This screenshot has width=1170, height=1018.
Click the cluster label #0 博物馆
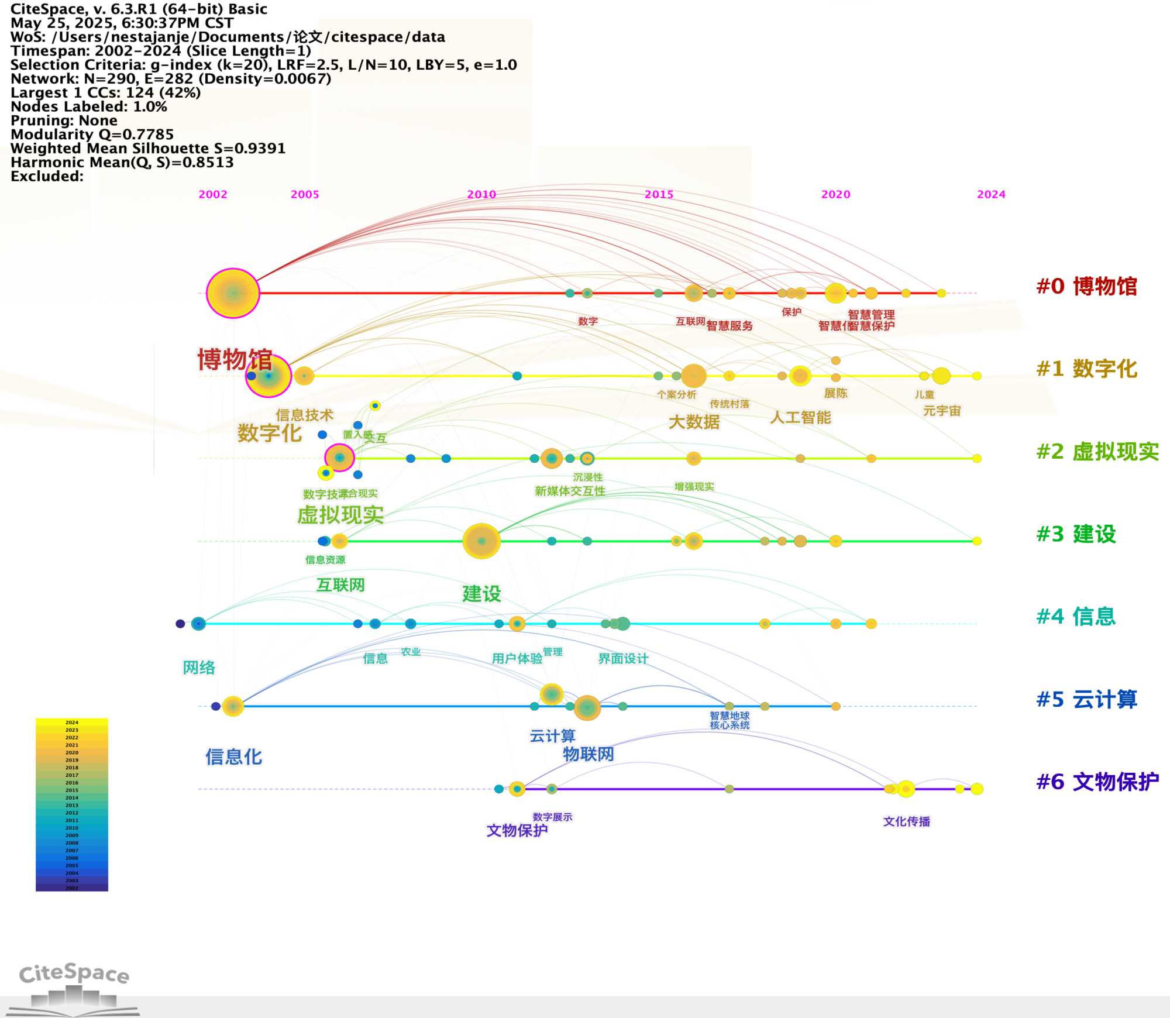point(1086,287)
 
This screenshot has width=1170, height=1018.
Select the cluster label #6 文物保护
point(1097,782)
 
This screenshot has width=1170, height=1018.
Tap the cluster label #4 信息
point(1076,617)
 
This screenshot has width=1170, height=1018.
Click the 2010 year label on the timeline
point(481,194)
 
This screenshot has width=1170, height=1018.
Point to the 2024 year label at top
point(991,194)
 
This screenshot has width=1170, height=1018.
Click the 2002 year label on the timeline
point(213,194)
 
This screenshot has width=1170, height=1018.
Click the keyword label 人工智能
point(800,418)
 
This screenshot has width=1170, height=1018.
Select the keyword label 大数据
point(694,422)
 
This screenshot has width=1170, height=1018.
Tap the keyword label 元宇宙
point(942,411)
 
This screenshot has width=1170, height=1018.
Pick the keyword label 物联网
point(588,754)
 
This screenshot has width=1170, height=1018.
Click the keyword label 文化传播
point(906,821)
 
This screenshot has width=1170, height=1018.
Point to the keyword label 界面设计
point(623,659)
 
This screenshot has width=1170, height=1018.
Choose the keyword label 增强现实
point(694,487)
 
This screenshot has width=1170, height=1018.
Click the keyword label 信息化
point(233,757)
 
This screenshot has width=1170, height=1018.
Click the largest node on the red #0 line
point(233,293)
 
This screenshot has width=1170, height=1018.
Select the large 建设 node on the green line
point(481,541)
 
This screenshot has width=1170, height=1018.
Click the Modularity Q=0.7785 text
point(92,135)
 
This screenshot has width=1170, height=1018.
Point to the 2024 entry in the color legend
point(71,723)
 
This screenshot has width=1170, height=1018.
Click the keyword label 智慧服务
point(729,326)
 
